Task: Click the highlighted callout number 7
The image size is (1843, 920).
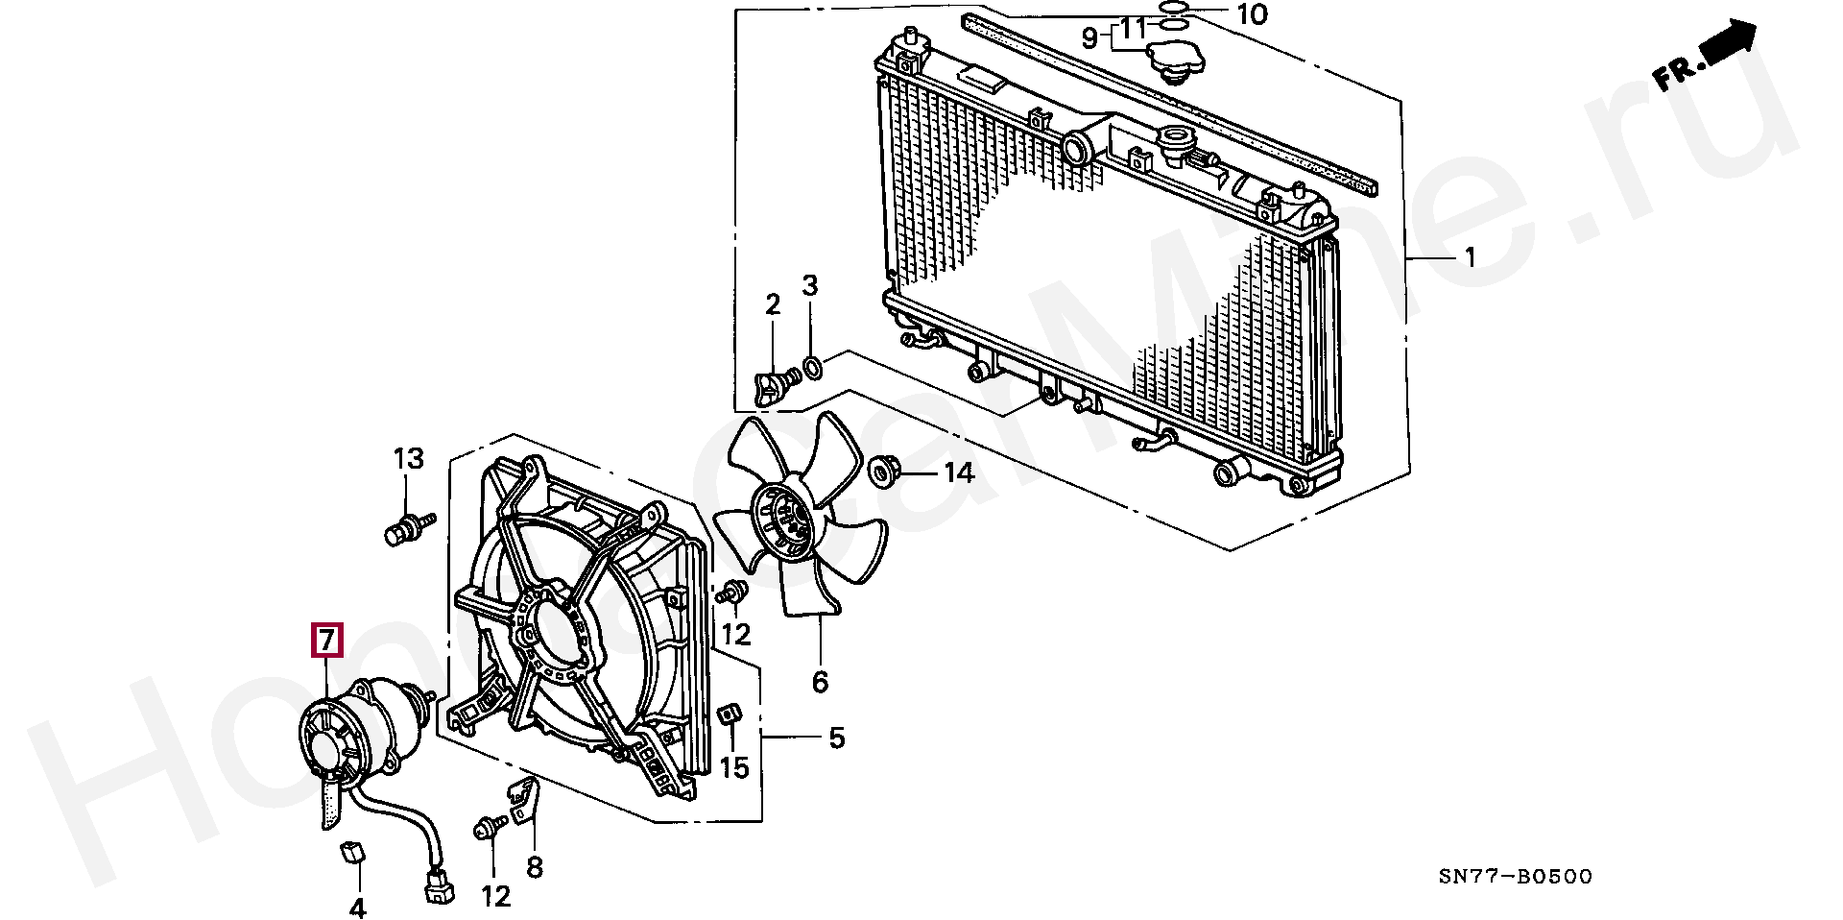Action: coord(326,640)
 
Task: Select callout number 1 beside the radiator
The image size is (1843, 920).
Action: coord(1470,231)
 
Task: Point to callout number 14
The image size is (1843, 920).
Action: coord(958,472)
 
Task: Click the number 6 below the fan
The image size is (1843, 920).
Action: coord(820,682)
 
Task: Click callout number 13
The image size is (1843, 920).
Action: coord(409,458)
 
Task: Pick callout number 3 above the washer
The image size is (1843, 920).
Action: coord(810,285)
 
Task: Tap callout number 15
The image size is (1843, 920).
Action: coord(734,767)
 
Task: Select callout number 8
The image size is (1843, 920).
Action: coord(535,868)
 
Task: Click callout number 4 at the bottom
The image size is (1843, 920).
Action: coord(357,907)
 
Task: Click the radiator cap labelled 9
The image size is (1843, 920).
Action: coord(1174,61)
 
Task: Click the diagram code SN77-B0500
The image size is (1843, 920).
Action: coord(1516,876)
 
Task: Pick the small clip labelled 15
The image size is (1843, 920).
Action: coord(729,714)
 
